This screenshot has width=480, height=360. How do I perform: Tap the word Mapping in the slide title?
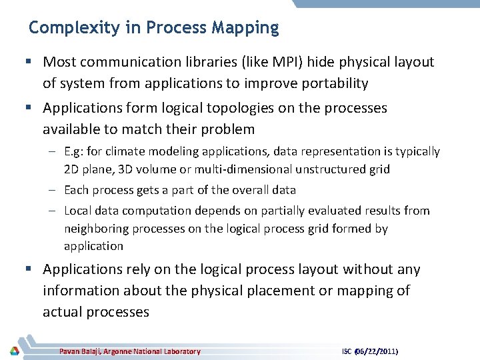click(x=245, y=28)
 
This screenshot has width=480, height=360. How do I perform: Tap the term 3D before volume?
click(x=126, y=169)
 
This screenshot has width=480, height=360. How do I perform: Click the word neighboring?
click(x=95, y=229)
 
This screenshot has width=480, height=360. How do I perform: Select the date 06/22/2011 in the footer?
click(x=381, y=351)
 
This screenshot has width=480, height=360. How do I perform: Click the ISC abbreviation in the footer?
click(x=347, y=351)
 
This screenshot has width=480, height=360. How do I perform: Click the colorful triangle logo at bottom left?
click(x=14, y=351)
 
